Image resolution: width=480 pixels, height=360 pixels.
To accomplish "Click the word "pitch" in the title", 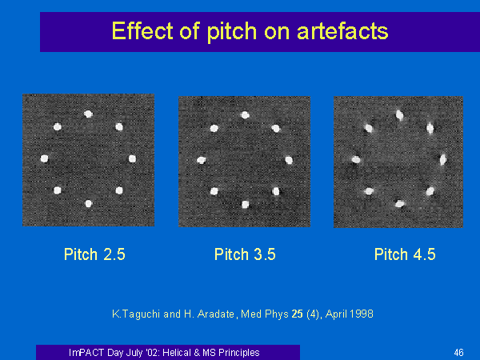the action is coord(232,31).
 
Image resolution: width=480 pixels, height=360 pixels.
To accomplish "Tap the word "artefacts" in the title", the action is coord(342,31).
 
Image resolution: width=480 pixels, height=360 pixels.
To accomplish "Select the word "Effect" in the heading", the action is coord(142,30).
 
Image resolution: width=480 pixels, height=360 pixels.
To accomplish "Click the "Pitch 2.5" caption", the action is coord(94,254).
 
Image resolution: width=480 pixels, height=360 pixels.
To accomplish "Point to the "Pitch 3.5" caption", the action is coord(245,254).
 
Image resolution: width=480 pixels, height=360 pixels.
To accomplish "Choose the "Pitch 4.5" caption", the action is coord(405,254).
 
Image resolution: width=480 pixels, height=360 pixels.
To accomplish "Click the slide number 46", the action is coord(458,353).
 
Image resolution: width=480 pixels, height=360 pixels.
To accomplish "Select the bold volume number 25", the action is coord(298,314).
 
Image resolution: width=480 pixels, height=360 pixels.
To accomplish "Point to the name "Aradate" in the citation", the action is coord(216,314).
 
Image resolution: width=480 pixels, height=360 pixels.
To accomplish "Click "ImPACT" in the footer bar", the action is coord(86,353).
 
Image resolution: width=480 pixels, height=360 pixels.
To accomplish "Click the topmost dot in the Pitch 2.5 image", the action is coord(88,114).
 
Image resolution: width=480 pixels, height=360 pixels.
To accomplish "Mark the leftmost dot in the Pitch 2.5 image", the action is coord(44,158).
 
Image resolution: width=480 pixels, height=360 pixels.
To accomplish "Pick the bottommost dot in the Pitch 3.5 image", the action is coord(246,205).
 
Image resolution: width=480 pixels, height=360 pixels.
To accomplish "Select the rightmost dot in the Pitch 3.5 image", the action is coord(289,160).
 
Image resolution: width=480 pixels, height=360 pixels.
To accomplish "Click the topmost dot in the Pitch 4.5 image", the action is coord(399,115).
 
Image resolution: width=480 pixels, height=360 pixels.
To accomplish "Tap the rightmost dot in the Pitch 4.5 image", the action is coord(443,159).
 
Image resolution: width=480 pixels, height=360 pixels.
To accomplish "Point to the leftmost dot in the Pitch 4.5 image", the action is coord(356,159).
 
